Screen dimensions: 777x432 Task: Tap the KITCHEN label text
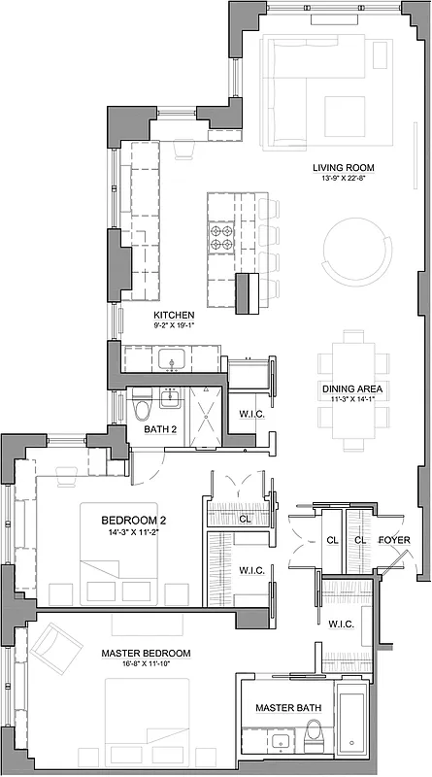click(x=175, y=316)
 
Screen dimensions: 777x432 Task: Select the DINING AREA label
click(x=351, y=389)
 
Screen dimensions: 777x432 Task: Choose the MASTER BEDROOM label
click(x=146, y=654)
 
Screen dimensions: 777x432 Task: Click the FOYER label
click(x=393, y=540)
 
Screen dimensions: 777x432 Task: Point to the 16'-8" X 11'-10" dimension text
click(x=146, y=665)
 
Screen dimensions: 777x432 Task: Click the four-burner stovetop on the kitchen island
click(x=219, y=238)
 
